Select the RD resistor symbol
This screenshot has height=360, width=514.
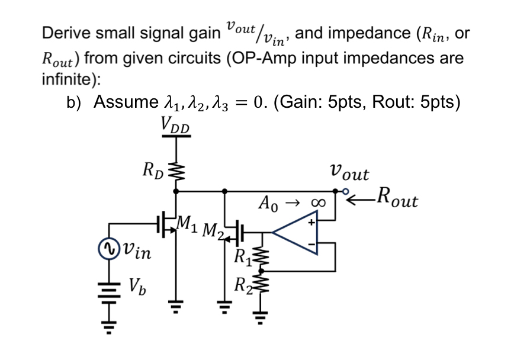pos(175,173)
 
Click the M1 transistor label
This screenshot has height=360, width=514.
pos(188,222)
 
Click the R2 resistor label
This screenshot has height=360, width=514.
pos(243,287)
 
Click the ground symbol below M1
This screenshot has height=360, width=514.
pos(175,308)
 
